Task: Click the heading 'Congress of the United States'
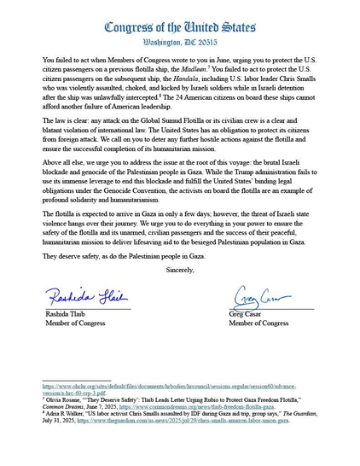pos(179,26)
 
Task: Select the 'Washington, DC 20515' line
pos(179,42)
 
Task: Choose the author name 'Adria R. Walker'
pos(67,413)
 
